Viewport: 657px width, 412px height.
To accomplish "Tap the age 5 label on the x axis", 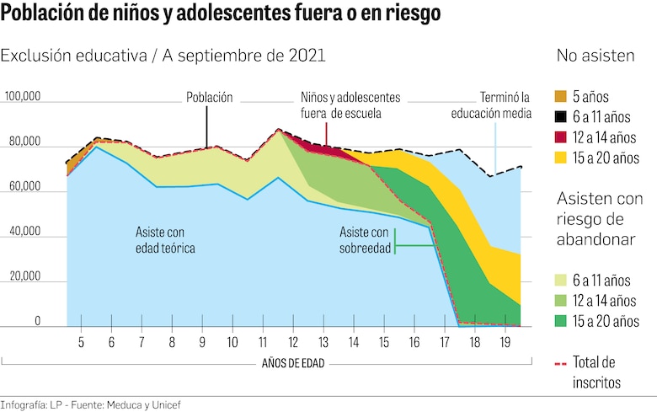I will coord(81,343).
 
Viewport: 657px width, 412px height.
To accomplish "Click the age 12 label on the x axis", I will coord(292,343).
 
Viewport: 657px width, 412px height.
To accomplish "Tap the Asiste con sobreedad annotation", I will coord(364,239).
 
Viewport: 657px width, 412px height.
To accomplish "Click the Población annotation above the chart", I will coord(209,97).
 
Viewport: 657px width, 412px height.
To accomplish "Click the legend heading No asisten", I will coord(596,56).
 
